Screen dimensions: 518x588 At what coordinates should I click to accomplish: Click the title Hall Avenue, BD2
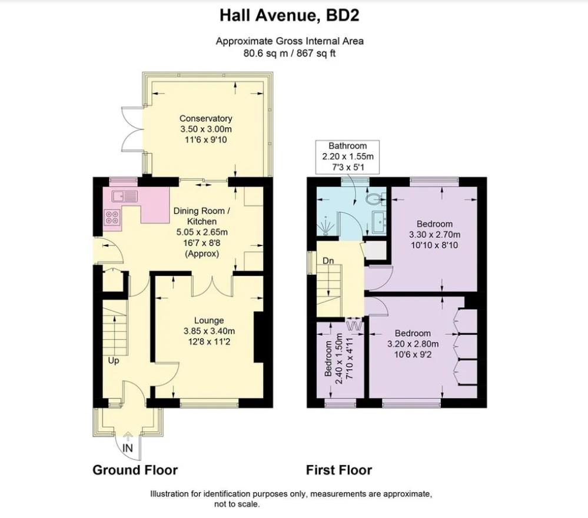coord(289,15)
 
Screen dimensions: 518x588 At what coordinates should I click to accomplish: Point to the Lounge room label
coord(209,320)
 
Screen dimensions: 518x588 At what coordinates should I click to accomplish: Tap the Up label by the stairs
coord(113,360)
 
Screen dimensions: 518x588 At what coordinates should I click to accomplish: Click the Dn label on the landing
coord(328,260)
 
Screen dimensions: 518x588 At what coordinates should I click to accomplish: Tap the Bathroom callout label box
coord(347,155)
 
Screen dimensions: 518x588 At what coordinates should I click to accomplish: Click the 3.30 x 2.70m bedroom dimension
coord(435,234)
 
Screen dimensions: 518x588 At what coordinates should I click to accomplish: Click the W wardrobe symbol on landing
coord(354,324)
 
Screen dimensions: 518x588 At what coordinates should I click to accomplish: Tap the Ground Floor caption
coord(135,470)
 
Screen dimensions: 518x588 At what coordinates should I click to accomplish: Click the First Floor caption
coord(338,470)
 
